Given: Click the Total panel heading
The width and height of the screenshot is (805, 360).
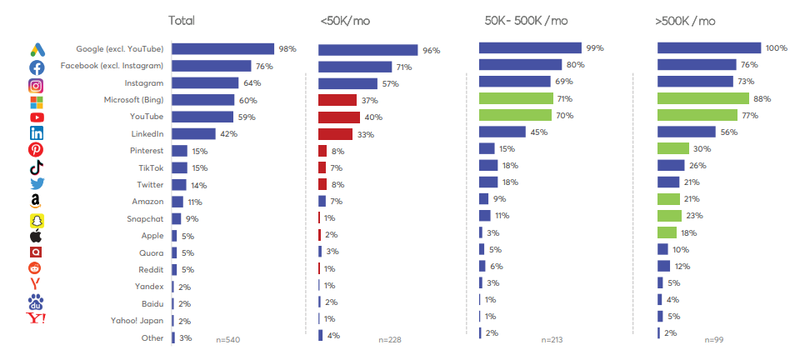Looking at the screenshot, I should [x=182, y=21].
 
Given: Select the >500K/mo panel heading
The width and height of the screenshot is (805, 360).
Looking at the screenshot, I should [x=685, y=21].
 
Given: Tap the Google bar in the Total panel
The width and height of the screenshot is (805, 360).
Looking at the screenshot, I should [x=222, y=49].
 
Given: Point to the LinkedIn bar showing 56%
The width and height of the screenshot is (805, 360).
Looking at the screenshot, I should [x=687, y=132].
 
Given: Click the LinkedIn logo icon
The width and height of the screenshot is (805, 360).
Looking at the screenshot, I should [x=37, y=133].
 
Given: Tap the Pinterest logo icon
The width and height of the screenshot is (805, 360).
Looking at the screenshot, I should [x=37, y=150].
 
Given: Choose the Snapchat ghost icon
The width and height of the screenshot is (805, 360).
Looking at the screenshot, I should [x=37, y=220].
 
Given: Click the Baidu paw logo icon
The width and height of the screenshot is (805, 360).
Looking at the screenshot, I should [x=37, y=302].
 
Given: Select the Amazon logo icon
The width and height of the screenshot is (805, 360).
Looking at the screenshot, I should [x=37, y=201].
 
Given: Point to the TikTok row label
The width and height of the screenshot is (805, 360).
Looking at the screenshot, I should [x=151, y=167].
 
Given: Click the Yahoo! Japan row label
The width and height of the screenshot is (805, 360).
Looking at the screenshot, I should [x=137, y=321].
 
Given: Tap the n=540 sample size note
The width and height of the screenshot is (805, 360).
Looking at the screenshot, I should [x=227, y=340].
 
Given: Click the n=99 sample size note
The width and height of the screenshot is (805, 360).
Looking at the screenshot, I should [x=714, y=340].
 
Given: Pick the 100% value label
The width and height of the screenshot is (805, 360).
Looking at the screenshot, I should [x=777, y=48].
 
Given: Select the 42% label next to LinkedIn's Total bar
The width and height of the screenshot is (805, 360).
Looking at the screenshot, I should [x=227, y=133].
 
